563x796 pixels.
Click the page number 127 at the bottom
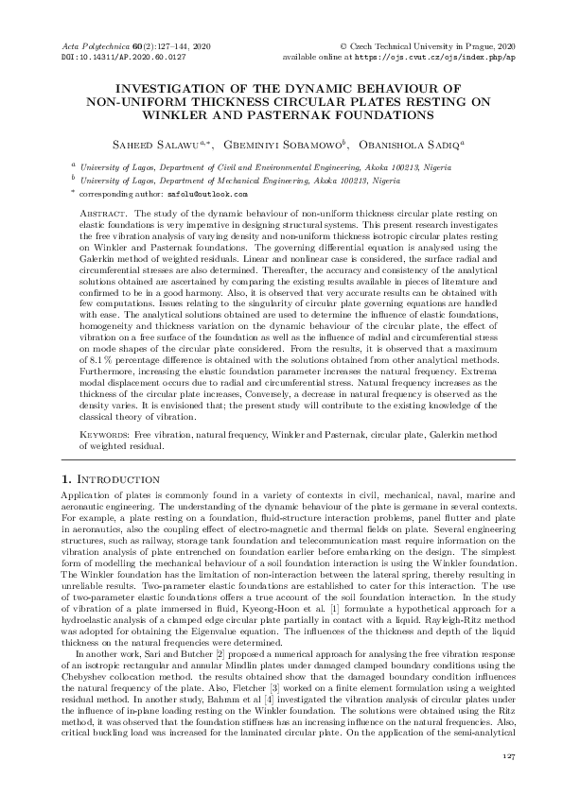tap(507, 757)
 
